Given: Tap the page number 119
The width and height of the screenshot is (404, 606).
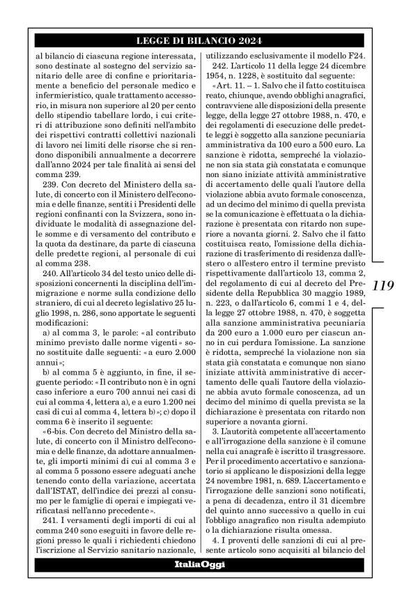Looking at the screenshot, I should tap(383, 286).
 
